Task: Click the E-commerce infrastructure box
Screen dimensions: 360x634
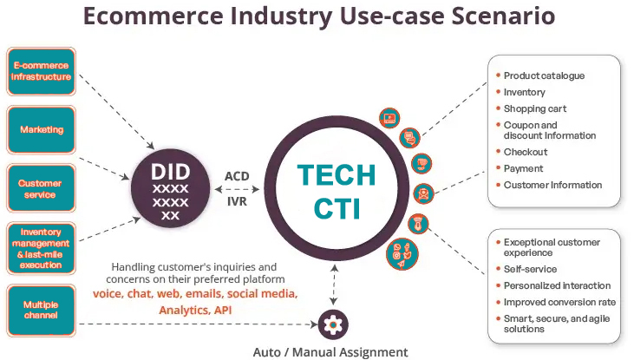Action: tap(41, 71)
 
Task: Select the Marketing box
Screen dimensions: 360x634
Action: tap(41, 130)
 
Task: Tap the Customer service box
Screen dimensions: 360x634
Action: tap(41, 189)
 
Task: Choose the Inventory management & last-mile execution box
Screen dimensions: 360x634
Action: tap(41, 248)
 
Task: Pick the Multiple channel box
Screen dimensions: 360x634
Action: tap(41, 310)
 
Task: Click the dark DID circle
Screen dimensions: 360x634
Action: tap(170, 187)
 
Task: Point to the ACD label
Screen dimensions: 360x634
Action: tap(237, 176)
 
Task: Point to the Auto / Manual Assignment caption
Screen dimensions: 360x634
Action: tap(330, 351)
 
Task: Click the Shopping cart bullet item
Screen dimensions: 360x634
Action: tap(536, 108)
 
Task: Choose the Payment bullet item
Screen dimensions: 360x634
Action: tap(524, 168)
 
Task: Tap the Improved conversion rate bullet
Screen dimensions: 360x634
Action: tap(559, 302)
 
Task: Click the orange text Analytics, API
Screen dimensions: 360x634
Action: tap(196, 309)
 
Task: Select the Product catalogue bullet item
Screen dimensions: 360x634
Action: tap(544, 75)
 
